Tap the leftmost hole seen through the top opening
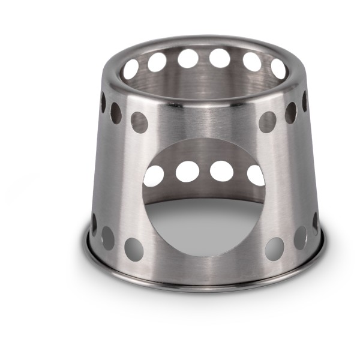(131, 69)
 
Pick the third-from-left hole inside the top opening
(188, 59)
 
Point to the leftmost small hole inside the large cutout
(154, 176)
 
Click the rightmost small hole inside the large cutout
(256, 175)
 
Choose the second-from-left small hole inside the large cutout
(187, 172)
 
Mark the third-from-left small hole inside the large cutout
(221, 171)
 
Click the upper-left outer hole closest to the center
(139, 122)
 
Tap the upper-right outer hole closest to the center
(268, 122)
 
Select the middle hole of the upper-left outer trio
(116, 113)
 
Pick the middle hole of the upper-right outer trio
(291, 112)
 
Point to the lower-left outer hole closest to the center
(134, 249)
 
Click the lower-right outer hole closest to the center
(275, 248)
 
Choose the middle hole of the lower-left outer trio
(108, 238)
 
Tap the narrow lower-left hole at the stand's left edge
(94, 224)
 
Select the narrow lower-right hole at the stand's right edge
(315, 223)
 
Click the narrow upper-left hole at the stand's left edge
(103, 102)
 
